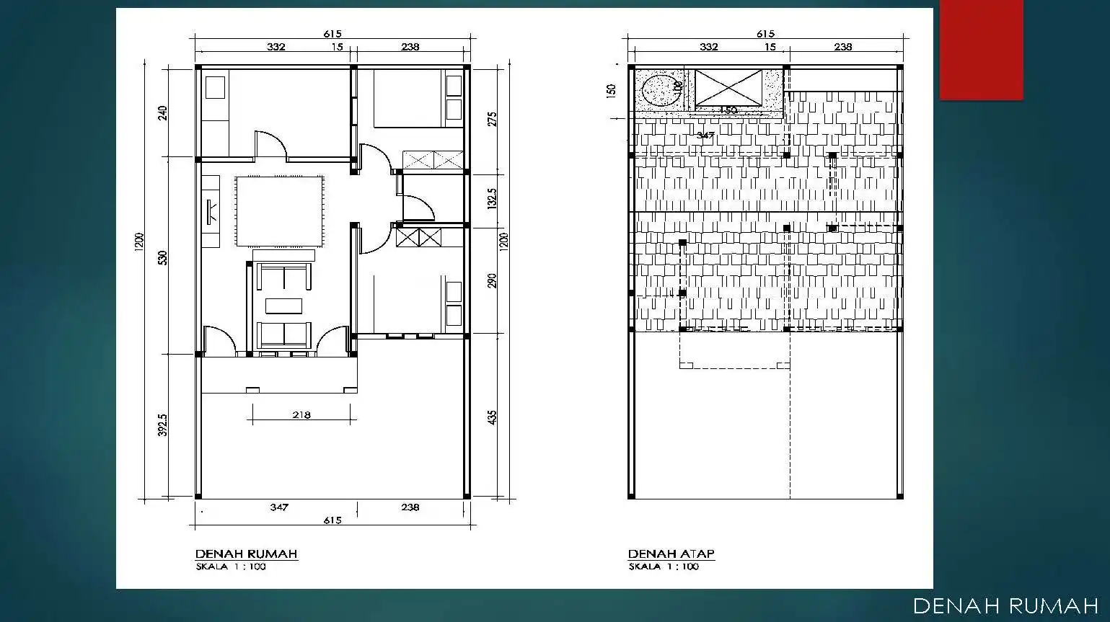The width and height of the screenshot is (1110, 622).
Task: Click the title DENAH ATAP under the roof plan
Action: (671, 554)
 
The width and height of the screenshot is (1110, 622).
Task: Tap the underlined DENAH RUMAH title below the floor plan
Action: (246, 554)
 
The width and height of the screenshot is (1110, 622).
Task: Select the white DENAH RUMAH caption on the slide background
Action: (1005, 606)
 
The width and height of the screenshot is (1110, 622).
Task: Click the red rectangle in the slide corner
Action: (981, 50)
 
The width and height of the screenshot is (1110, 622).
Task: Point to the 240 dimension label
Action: (163, 112)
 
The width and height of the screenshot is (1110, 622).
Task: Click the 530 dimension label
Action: (163, 257)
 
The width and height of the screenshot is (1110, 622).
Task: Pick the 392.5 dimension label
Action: (163, 425)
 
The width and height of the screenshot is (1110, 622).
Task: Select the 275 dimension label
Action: (492, 119)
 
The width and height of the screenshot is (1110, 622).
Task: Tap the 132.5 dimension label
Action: (492, 199)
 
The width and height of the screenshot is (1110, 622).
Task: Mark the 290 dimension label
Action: (492, 280)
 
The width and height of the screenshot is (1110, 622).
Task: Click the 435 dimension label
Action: (492, 417)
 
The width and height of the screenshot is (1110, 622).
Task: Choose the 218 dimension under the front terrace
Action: (301, 414)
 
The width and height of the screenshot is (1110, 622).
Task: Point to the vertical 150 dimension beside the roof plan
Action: (612, 91)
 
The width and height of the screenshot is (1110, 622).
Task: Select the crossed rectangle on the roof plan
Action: (728, 87)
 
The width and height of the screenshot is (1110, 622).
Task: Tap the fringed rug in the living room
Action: (278, 211)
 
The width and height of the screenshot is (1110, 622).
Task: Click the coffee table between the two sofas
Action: (284, 306)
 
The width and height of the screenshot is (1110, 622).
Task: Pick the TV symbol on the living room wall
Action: (212, 211)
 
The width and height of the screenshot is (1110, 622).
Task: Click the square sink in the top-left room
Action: (215, 87)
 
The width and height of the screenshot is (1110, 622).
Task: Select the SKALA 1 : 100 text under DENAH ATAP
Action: (664, 567)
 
